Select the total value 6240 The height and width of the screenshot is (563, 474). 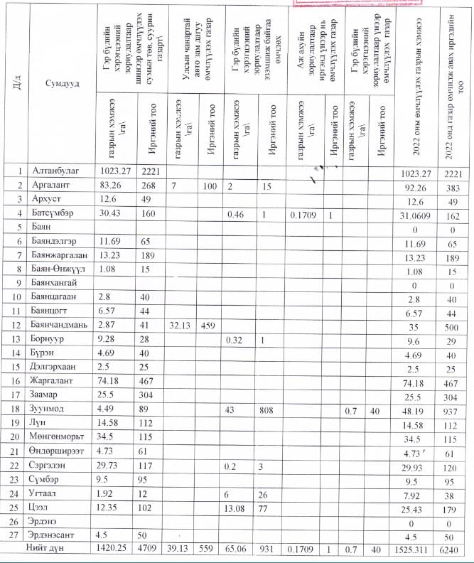click(x=453, y=549)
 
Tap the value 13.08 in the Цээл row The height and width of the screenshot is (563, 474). click(x=236, y=508)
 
